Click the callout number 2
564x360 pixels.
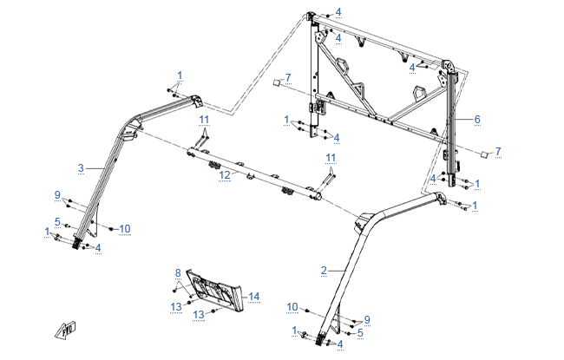click(x=323, y=271)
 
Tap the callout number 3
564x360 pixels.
click(x=81, y=167)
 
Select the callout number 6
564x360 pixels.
click(x=476, y=119)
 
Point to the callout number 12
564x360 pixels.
click(x=224, y=174)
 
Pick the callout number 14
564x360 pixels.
click(x=254, y=297)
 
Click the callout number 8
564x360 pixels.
click(x=177, y=272)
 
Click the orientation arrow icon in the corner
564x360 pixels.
click(x=64, y=330)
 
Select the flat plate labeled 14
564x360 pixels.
click(x=217, y=291)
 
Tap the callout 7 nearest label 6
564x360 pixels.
click(x=498, y=151)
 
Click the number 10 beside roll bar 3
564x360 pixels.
click(x=124, y=229)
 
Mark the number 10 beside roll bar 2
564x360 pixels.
click(x=292, y=307)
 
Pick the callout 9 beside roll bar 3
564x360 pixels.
click(x=57, y=193)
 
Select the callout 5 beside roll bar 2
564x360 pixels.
click(x=360, y=332)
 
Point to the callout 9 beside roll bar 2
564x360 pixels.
click(x=367, y=319)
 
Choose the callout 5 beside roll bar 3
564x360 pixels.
click(x=57, y=221)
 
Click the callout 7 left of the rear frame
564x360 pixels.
click(x=288, y=79)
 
